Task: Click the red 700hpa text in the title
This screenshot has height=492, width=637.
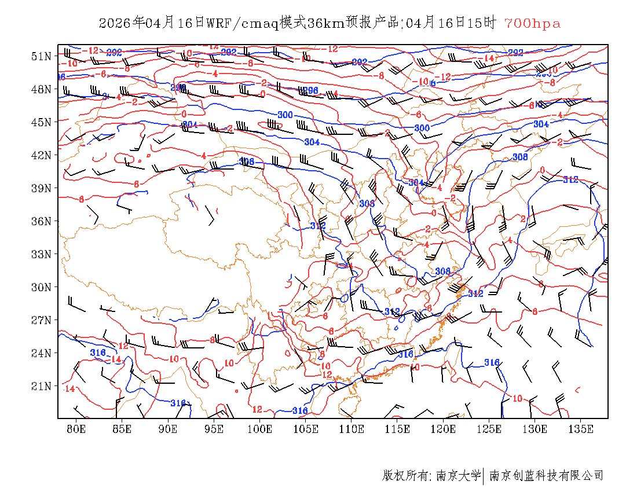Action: pyautogui.click(x=532, y=23)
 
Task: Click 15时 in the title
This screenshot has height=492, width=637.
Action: pyautogui.click(x=484, y=23)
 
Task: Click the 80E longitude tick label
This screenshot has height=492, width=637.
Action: pyautogui.click(x=76, y=429)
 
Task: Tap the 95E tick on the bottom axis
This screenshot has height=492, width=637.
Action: pyautogui.click(x=214, y=429)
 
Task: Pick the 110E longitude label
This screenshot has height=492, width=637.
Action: pyautogui.click(x=352, y=429)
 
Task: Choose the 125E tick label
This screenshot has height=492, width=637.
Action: pyautogui.click(x=489, y=429)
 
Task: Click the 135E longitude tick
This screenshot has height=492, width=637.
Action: pyautogui.click(x=581, y=429)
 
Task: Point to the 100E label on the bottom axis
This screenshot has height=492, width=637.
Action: pyautogui.click(x=260, y=429)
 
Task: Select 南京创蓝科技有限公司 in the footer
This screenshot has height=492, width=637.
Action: pyautogui.click(x=546, y=476)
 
